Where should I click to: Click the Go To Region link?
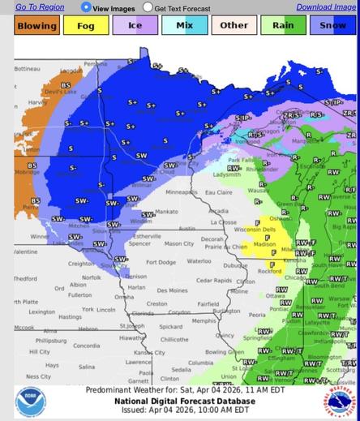40,6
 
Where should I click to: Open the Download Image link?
326,6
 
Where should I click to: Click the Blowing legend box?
36,25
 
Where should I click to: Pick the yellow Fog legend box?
85,25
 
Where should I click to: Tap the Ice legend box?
135,25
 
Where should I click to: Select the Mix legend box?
184,25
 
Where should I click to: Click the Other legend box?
234,25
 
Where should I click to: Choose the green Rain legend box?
283,25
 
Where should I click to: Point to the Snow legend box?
332,25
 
